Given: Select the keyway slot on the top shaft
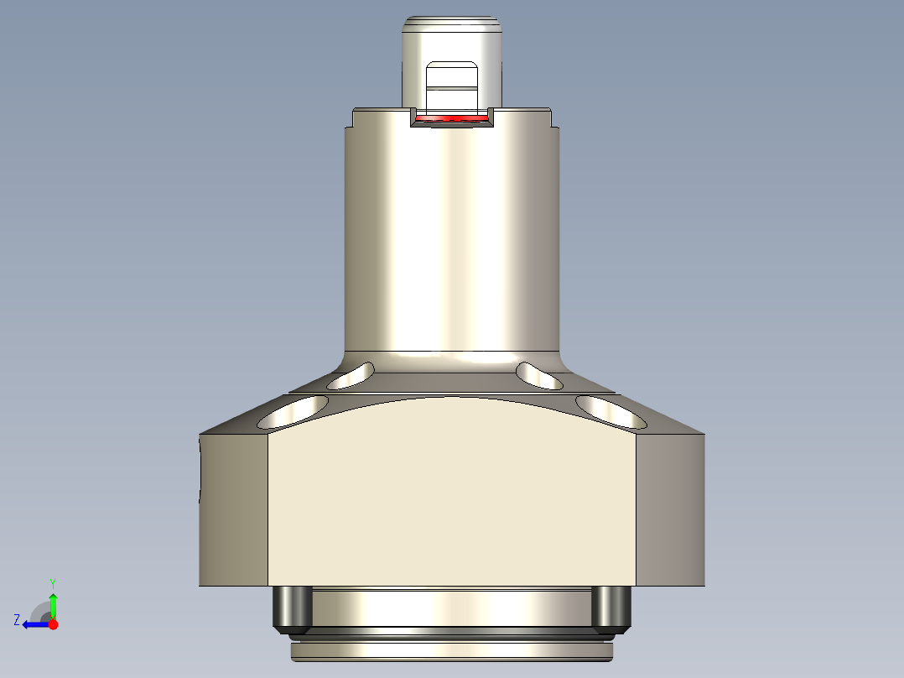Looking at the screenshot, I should point(451,87).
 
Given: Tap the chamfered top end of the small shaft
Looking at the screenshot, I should point(451,23).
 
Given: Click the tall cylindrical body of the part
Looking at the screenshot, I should point(451,235).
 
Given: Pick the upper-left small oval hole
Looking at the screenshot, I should point(351,377).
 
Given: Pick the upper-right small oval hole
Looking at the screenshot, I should point(539,376).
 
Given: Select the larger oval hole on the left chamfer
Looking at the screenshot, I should point(293,410).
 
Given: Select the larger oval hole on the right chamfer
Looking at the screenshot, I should point(611,410).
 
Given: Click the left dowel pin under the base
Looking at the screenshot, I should point(293,608).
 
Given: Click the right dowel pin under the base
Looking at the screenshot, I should point(610,608).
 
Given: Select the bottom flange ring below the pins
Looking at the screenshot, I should point(451,649).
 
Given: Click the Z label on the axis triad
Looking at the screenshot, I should point(17,620).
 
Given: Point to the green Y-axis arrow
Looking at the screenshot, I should point(53,604).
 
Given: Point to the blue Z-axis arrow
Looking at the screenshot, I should point(34,624).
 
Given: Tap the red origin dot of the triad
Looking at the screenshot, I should point(53,624).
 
